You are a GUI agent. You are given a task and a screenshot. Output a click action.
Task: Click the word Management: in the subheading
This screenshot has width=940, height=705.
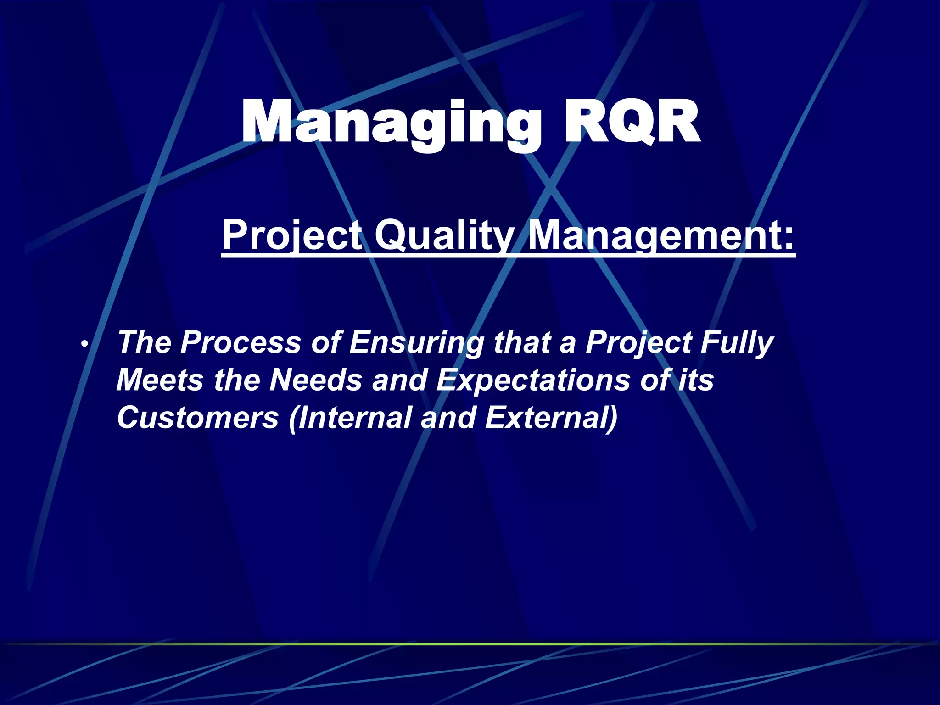pos(661,235)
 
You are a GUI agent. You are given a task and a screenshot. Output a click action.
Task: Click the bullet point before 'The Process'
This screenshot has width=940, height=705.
pos(83,344)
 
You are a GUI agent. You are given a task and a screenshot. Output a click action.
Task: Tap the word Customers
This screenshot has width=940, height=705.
pos(198,418)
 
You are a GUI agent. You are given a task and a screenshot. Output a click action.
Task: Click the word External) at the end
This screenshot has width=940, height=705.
pos(551,418)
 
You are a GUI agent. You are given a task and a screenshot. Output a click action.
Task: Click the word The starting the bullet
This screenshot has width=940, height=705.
pos(144,342)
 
